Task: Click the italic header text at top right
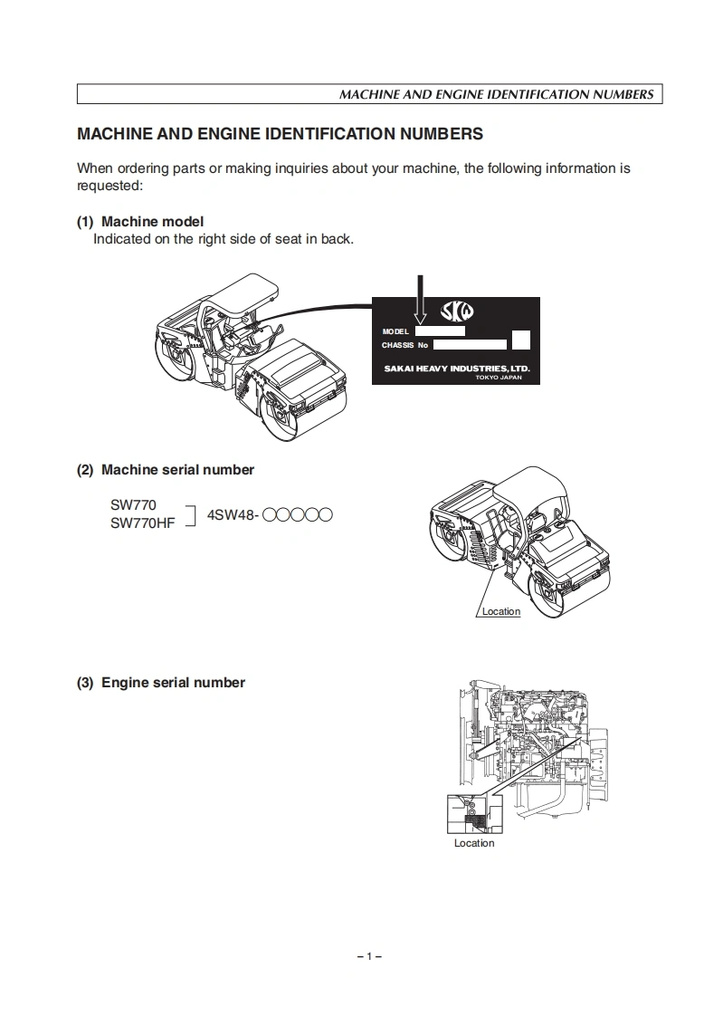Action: pyautogui.click(x=496, y=94)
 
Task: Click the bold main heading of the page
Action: pyautogui.click(x=280, y=134)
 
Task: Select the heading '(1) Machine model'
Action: pyautogui.click(x=140, y=221)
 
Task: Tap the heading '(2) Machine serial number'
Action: pyautogui.click(x=166, y=470)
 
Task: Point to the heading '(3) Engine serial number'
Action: pyautogui.click(x=161, y=683)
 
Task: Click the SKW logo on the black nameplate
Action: pyautogui.click(x=456, y=312)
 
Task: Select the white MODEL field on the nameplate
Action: pyautogui.click(x=439, y=331)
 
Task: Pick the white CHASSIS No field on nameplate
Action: pyautogui.click(x=469, y=344)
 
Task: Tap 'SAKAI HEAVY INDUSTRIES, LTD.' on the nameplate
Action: pyautogui.click(x=456, y=369)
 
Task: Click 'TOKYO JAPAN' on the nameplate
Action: pyautogui.click(x=499, y=378)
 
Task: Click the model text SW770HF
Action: pyautogui.click(x=142, y=523)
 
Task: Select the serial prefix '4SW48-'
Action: pyautogui.click(x=233, y=515)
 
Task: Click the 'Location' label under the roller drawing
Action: pyautogui.click(x=500, y=612)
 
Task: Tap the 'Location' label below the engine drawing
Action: pyautogui.click(x=474, y=843)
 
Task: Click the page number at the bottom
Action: pyautogui.click(x=369, y=956)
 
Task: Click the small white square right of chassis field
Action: pyautogui.click(x=520, y=340)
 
